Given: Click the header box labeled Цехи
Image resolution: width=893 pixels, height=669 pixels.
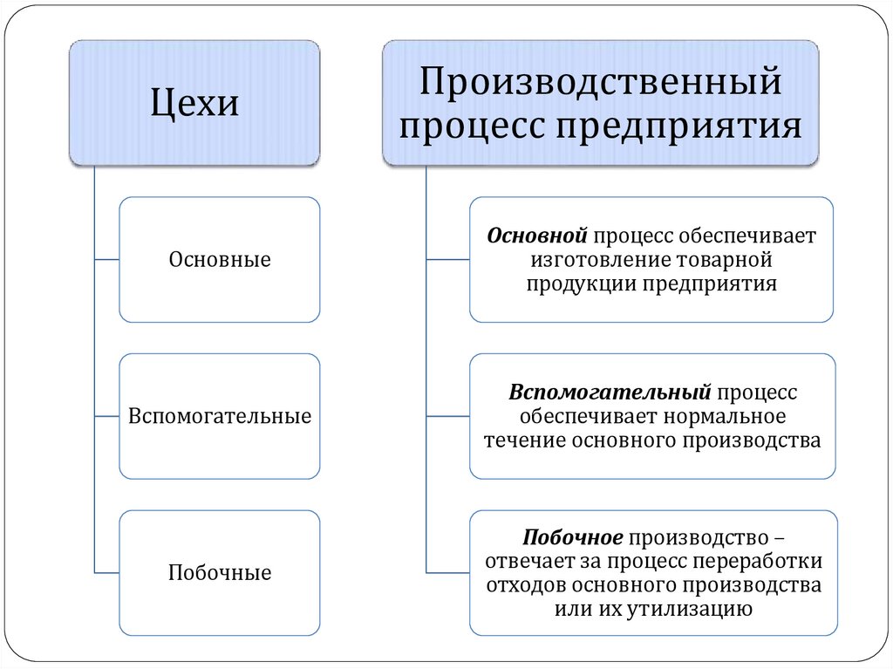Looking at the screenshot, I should [194, 103].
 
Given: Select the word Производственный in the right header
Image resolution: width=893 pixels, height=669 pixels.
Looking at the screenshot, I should [600, 84].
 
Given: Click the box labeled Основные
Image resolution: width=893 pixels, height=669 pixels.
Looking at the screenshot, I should [220, 260].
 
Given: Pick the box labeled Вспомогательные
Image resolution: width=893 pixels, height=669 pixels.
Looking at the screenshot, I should [220, 416].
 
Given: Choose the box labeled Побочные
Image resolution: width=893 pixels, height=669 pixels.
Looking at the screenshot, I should [220, 573].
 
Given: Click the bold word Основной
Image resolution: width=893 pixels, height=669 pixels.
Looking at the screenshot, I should [538, 236].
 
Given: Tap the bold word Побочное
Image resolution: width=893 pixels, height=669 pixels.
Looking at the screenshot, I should [573, 536].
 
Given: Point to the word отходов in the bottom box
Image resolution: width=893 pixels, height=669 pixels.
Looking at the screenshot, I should [519, 584].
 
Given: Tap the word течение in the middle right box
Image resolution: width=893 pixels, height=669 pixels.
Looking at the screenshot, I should [525, 440].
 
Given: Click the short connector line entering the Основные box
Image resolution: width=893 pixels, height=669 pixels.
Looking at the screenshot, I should [106, 260].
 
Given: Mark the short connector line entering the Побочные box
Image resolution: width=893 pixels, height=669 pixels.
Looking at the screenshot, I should [106, 573].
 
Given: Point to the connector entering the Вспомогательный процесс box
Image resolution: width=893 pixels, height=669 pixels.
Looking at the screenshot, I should [447, 416].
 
